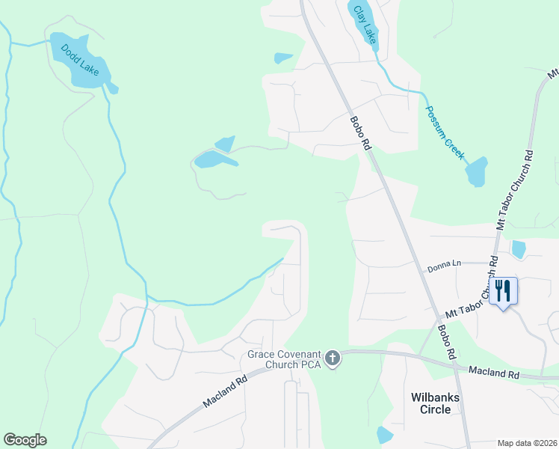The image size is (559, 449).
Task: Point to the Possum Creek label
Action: [x=445, y=134]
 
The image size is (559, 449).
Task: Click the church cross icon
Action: [x=333, y=359]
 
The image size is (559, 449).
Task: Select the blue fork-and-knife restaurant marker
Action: [x=503, y=290]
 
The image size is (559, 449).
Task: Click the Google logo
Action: [x=25, y=440]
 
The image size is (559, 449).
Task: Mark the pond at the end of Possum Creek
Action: [x=476, y=172]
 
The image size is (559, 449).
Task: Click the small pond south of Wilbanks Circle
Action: [x=385, y=434]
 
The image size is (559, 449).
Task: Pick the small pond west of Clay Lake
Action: [x=283, y=58]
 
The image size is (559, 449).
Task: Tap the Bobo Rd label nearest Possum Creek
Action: [x=360, y=133]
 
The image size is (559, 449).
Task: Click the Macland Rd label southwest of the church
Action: [x=225, y=392]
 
